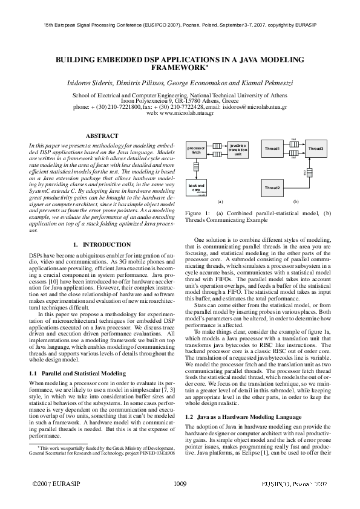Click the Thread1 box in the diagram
pos(272,148)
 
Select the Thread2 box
pos(272,188)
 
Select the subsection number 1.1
pos(34,357)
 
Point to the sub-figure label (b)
pos(296,201)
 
